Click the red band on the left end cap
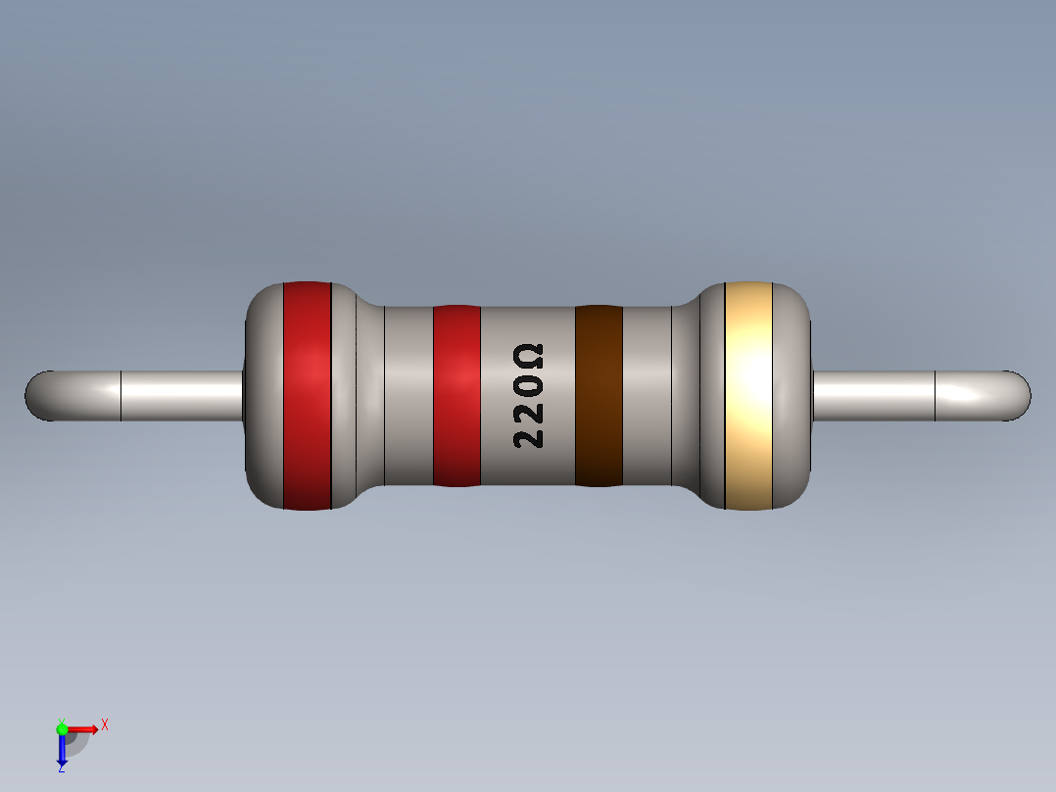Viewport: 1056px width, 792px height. pos(307,395)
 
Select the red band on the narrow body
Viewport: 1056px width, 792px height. pos(456,395)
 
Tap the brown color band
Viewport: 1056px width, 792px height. pos(599,395)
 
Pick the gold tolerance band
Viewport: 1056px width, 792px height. pos(749,395)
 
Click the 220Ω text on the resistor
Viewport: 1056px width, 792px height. pos(529,396)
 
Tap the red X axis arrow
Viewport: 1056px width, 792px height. pos(82,728)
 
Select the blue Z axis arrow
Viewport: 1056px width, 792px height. pos(62,750)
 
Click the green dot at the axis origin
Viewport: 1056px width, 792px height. pos(62,728)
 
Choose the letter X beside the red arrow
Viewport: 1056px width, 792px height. pos(104,724)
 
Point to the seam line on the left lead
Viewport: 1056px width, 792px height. pos(120,396)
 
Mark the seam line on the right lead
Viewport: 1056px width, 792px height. pos(936,396)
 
